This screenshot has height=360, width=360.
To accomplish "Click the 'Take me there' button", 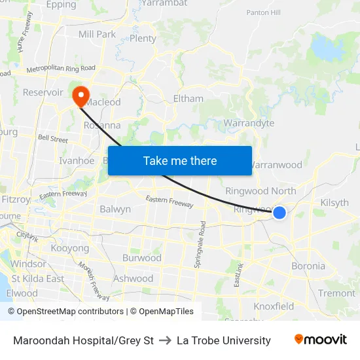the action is click(x=179, y=160).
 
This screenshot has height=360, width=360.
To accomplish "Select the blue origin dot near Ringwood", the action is click(x=279, y=212).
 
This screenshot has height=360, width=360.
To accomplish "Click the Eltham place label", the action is click(x=188, y=99).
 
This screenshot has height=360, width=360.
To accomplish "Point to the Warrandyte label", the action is click(x=249, y=123).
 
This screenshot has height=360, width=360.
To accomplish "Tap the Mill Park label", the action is click(x=97, y=34).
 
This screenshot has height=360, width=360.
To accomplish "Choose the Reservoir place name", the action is click(x=43, y=92).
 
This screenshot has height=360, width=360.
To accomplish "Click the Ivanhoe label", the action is click(x=77, y=160).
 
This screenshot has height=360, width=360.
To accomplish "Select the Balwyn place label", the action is click(x=115, y=209).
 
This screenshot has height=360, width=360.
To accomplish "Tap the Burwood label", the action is click(x=141, y=258).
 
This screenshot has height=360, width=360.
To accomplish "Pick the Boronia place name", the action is click(x=308, y=266).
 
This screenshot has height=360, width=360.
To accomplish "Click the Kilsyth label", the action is click(x=334, y=203).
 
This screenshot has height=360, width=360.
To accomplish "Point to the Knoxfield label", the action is click(x=274, y=306).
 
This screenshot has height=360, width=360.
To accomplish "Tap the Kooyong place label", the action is click(x=69, y=249).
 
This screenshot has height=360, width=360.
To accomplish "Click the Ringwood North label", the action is click(x=261, y=191).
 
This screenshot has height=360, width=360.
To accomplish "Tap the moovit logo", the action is click(x=320, y=340).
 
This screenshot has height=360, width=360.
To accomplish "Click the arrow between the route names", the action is click(x=165, y=340).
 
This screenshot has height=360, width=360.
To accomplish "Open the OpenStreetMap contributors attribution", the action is click(x=65, y=312).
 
